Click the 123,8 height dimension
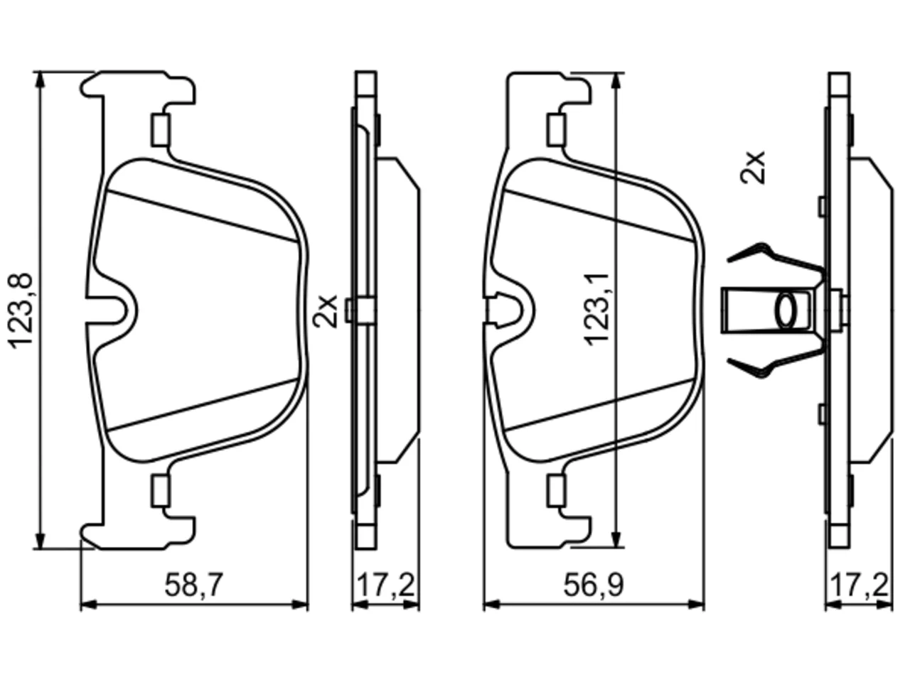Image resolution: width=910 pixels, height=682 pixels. point(20,310)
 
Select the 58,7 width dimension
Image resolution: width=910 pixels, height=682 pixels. point(194,585)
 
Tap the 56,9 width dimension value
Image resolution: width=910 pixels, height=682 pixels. point(593,585)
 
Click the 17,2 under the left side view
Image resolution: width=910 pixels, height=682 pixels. point(385,585)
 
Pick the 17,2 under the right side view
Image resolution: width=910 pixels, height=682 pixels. point(860,585)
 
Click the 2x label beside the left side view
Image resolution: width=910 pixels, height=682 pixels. point(325,311)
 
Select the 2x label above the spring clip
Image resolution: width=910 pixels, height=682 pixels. point(752,167)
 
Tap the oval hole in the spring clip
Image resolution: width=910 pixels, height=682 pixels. point(786,310)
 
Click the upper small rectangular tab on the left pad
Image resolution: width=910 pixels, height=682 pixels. point(161,129)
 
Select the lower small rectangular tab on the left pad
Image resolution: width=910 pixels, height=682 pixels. point(161,492)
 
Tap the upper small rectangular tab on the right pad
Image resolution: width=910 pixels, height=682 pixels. point(556,129)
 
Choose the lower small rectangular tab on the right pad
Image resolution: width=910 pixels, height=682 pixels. point(556,492)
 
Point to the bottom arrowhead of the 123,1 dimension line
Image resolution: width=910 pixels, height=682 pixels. point(616,539)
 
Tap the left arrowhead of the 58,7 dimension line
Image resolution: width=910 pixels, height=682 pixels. point(88,605)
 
